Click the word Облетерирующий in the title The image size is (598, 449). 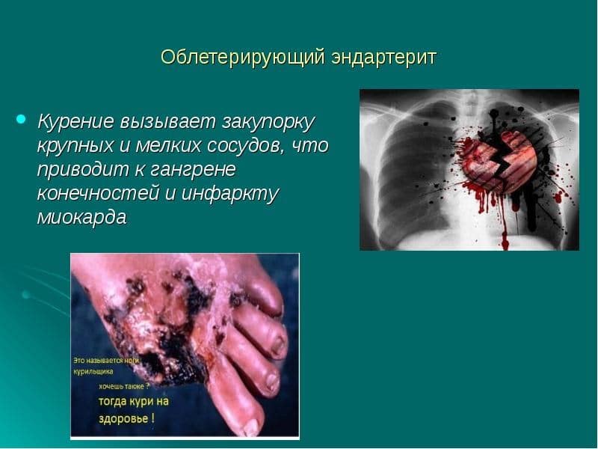pyautogui.click(x=242, y=58)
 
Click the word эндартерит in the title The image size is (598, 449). pyautogui.click(x=383, y=58)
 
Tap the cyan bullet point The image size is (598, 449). pyautogui.click(x=21, y=119)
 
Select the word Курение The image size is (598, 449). pyautogui.click(x=76, y=122)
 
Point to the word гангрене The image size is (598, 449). pyautogui.click(x=192, y=171)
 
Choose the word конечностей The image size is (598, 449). pyautogui.click(x=98, y=193)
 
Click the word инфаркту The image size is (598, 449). pyautogui.click(x=230, y=194)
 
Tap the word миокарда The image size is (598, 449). pyautogui.click(x=81, y=216)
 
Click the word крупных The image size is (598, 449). pyautogui.click(x=75, y=147)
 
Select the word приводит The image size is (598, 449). pyautogui.click(x=83, y=170)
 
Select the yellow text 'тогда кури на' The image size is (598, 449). pyautogui.click(x=134, y=402)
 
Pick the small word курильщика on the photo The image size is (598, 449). pyautogui.click(x=93, y=371)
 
